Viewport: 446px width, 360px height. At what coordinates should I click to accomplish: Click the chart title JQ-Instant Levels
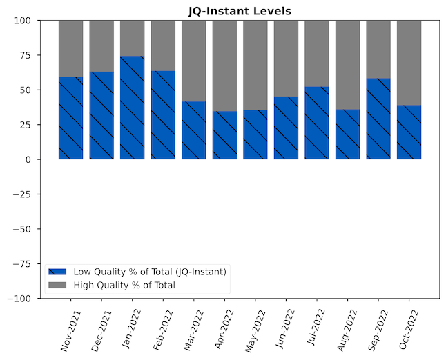(x=240, y=11)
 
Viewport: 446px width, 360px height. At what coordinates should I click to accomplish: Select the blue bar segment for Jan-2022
(x=132, y=108)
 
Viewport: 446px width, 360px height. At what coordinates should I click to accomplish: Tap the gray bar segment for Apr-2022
(x=224, y=66)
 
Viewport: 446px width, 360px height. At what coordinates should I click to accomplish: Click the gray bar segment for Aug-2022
(x=347, y=65)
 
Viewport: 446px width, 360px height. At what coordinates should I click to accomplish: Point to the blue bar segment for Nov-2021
(x=70, y=118)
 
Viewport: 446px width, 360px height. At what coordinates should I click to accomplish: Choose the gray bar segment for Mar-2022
(x=194, y=61)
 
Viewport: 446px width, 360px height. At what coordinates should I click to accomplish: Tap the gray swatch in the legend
(x=57, y=285)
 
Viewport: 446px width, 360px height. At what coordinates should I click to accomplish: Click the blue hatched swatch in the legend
(x=57, y=272)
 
